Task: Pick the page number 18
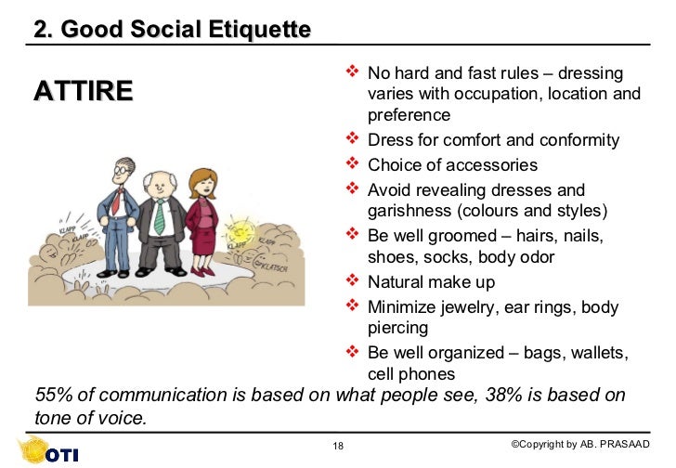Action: (338, 447)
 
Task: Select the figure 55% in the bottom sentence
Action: (55, 395)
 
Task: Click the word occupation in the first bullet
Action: (494, 94)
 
